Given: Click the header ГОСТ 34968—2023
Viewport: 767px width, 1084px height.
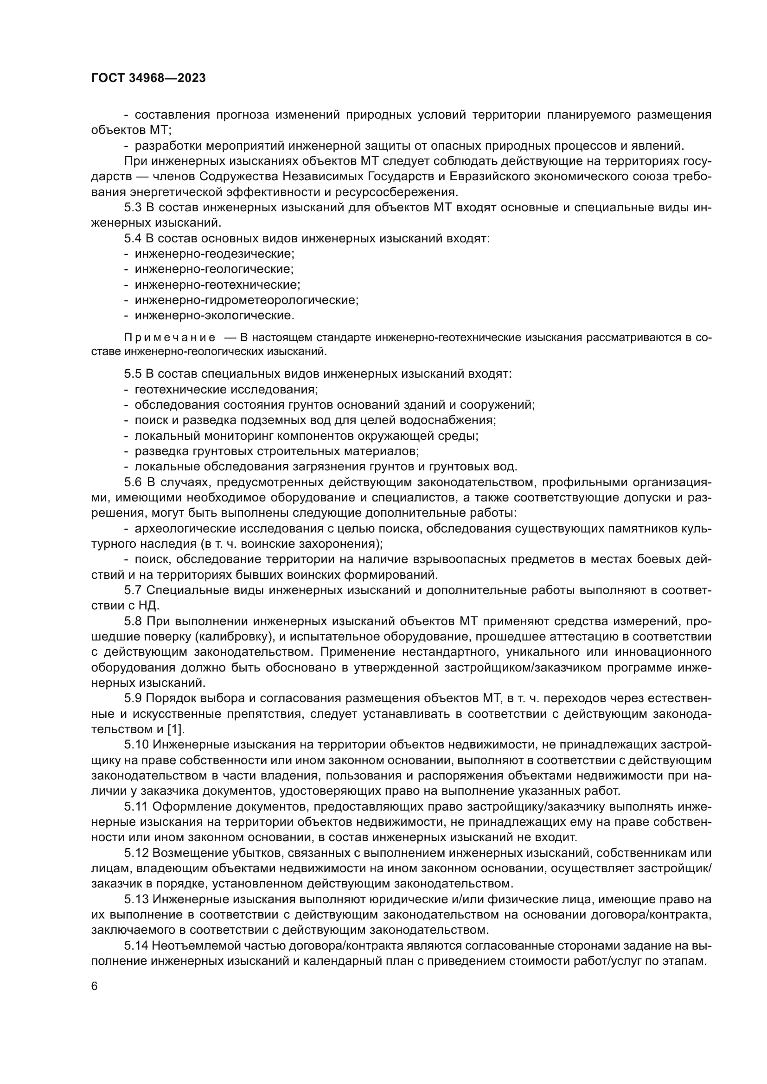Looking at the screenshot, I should coord(148,78).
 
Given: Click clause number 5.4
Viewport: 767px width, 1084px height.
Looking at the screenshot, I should coord(133,238).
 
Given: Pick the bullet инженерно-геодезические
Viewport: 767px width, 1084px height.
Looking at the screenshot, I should coord(214,254).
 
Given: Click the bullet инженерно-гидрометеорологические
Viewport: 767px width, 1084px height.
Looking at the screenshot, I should coord(247,300).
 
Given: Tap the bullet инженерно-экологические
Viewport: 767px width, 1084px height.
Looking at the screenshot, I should coord(214,315).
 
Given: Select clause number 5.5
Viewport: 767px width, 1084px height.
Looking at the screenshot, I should coord(133,374).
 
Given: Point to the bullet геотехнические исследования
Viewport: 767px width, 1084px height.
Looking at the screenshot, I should coord(226,389).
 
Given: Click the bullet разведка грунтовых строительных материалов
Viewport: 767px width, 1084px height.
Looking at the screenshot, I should coord(277,451).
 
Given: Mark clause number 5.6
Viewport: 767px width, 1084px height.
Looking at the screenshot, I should coord(133,482).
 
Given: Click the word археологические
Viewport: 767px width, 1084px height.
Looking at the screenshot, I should coord(185,528).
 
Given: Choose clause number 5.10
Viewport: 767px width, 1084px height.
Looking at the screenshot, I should coord(136,745).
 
